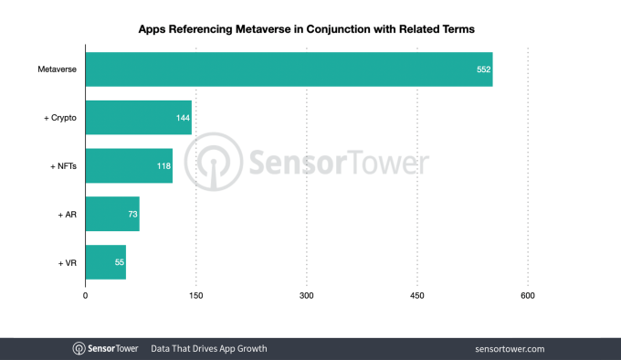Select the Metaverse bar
(289, 69)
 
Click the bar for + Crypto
(138, 118)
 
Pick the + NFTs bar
(129, 165)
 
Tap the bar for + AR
(111, 214)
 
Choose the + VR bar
(105, 262)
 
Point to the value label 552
(483, 69)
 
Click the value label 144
(183, 118)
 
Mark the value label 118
(163, 166)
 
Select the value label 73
(132, 214)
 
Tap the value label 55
(119, 262)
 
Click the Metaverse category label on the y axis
(58, 69)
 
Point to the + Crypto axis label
(59, 118)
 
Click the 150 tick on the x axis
(195, 295)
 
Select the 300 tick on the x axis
(306, 295)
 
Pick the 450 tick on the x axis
(416, 295)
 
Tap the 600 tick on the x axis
(527, 295)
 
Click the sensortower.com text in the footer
(510, 349)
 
